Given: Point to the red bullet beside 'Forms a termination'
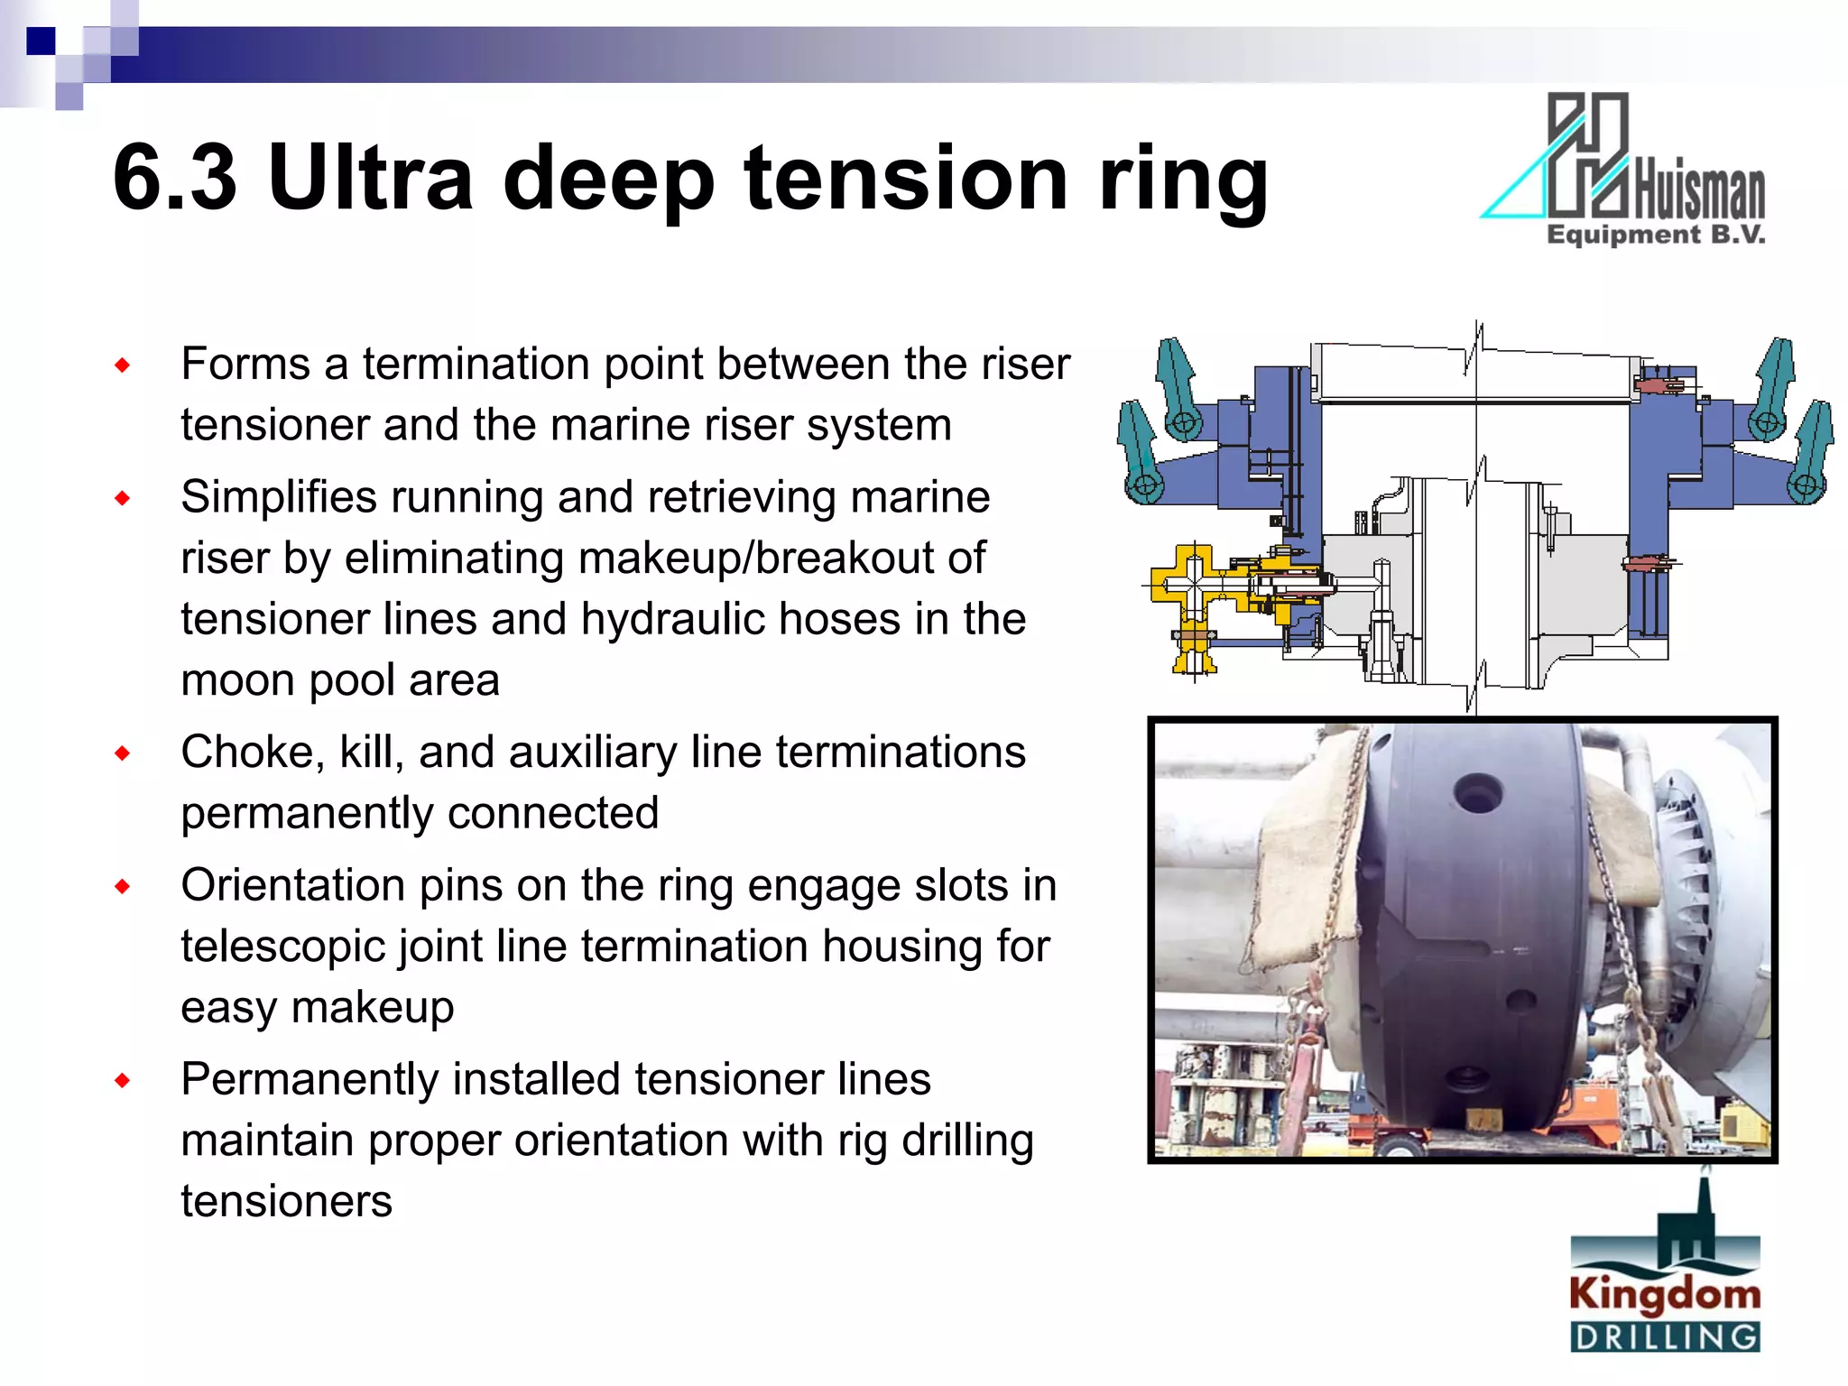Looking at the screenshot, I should [123, 365].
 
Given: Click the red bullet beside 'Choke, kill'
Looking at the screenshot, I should [123, 753].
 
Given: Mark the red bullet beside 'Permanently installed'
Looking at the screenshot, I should [123, 1080].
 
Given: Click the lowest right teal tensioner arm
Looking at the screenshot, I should [1808, 456].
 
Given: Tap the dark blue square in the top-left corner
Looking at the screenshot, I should [41, 42].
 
